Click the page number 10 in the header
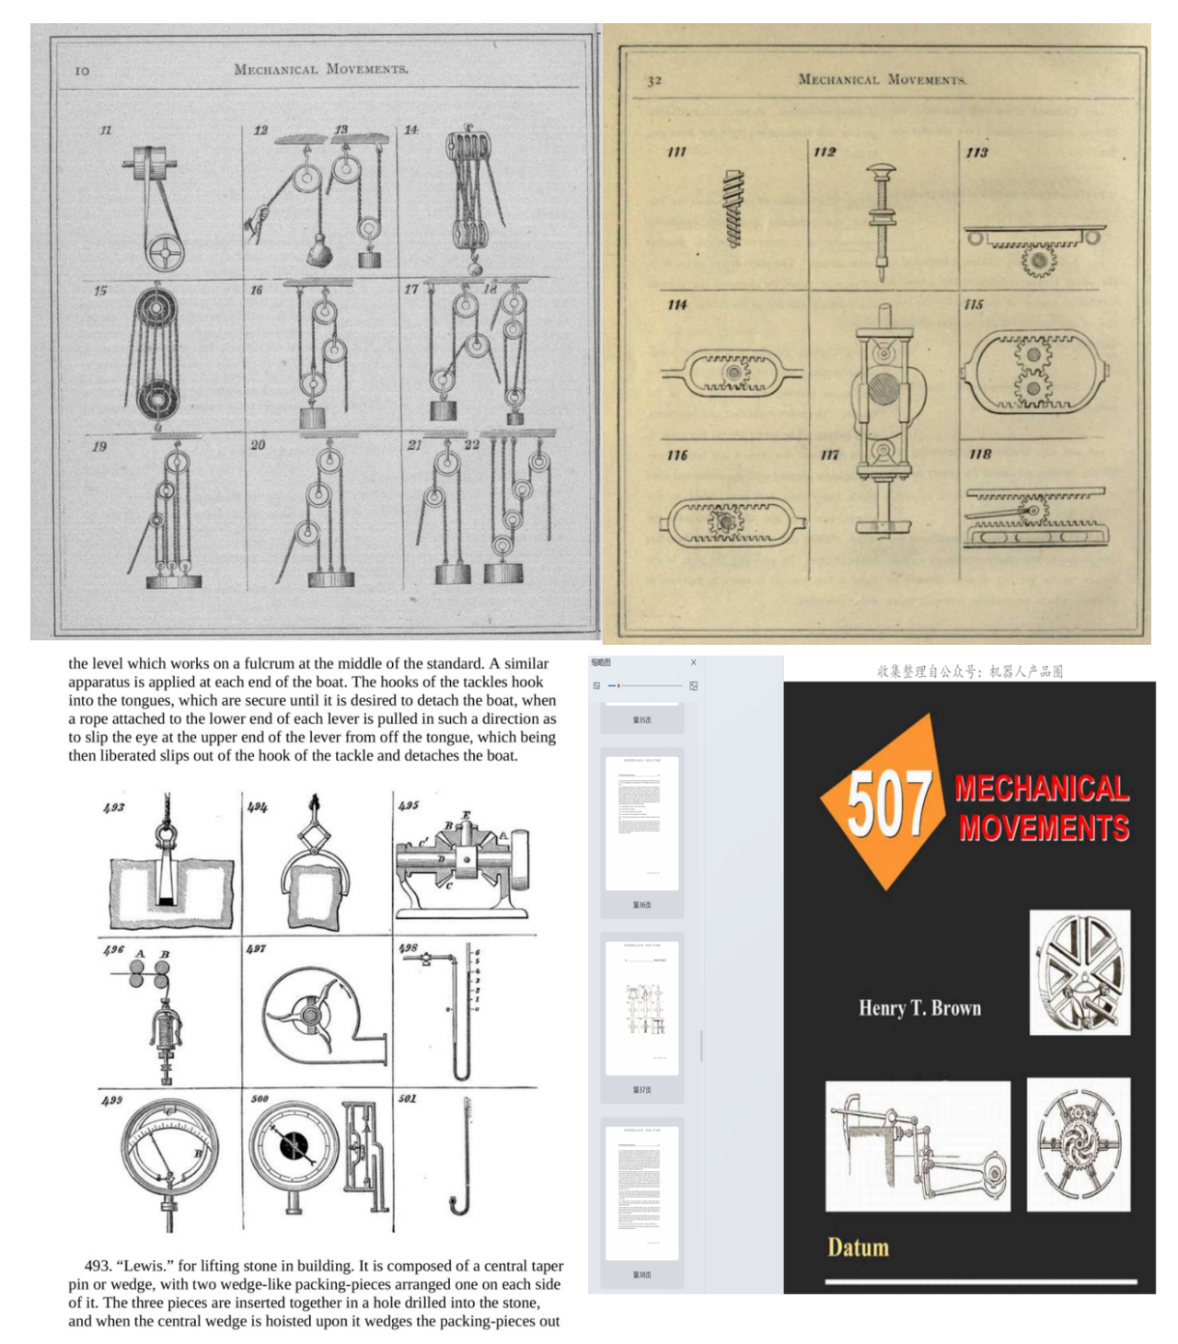click(82, 71)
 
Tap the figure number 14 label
click(410, 130)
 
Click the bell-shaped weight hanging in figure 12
click(318, 249)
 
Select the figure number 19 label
click(99, 446)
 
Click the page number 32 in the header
click(654, 81)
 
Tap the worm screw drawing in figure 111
click(733, 209)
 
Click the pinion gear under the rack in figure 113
click(1038, 260)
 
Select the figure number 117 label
click(829, 454)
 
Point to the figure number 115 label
click(974, 304)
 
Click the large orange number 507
click(885, 803)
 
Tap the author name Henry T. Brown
click(919, 1008)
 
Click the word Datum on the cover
click(858, 1247)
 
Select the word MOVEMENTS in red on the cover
click(1044, 828)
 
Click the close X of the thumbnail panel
click(693, 662)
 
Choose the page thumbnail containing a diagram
click(642, 1008)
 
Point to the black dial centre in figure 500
click(294, 1145)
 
